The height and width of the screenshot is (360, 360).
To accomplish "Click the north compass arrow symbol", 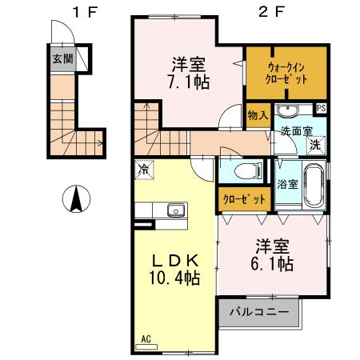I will tap(75, 198).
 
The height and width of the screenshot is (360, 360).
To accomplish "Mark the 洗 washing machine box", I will tap(315, 146).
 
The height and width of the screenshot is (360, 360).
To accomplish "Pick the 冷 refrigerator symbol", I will tap(144, 170).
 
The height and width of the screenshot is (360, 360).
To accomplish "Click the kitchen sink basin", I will tap(175, 211).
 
